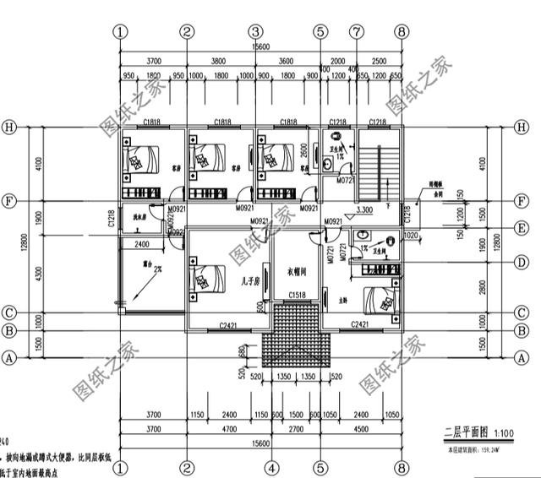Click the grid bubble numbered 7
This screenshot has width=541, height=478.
358,31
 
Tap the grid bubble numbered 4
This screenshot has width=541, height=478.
271,466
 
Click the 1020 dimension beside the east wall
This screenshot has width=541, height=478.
412,237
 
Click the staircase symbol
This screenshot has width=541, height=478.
380,170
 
